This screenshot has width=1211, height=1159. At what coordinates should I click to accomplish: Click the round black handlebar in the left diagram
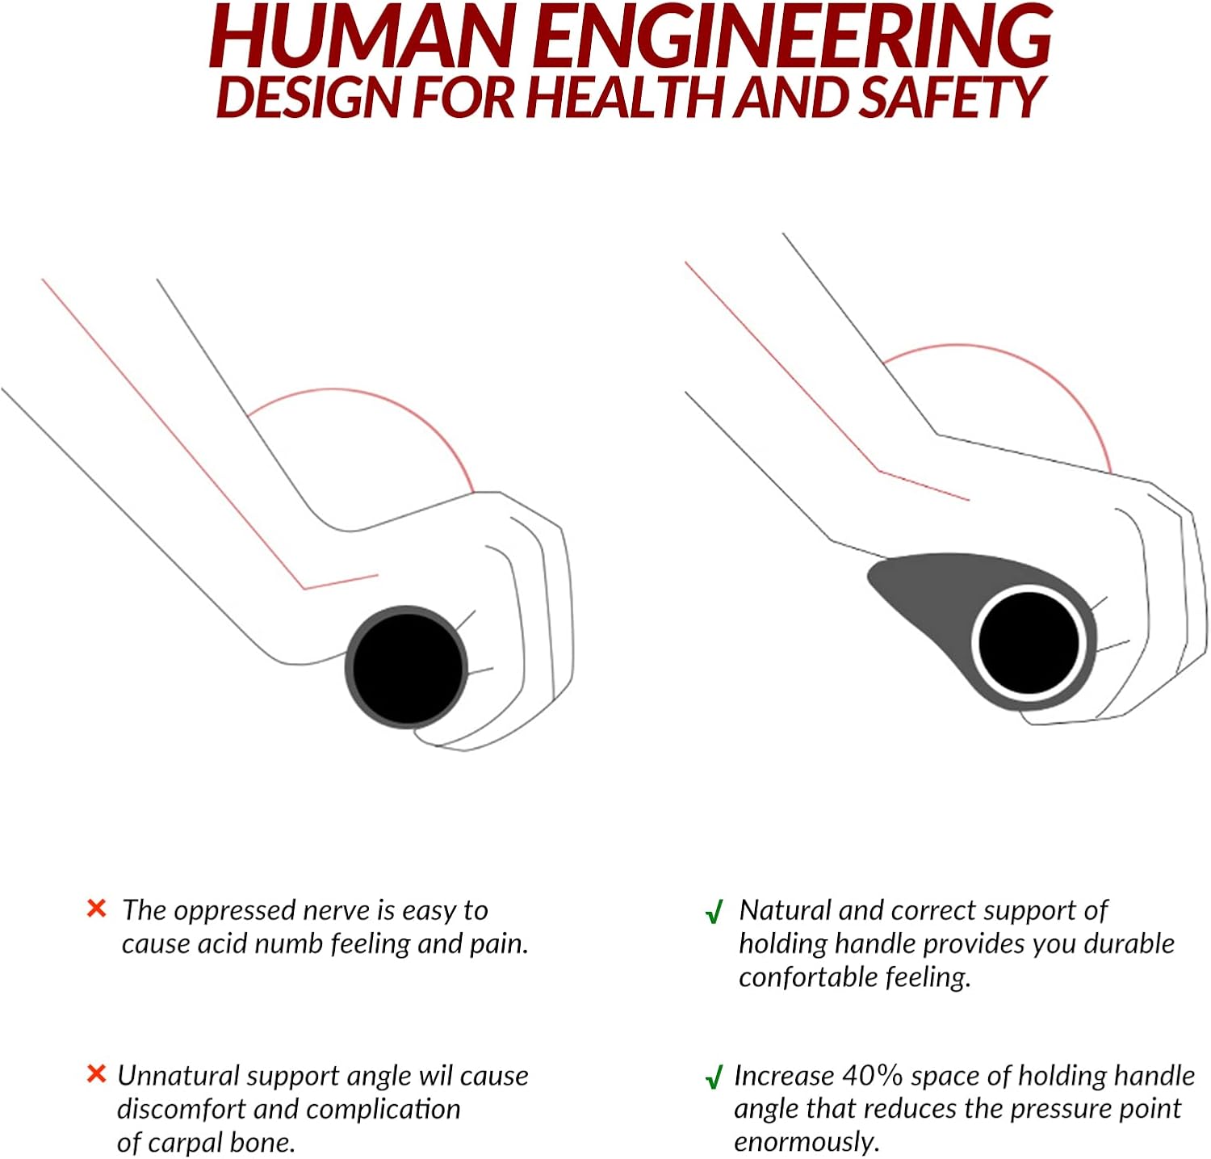406,667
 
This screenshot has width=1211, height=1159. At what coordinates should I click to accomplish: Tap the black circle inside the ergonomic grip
1029,643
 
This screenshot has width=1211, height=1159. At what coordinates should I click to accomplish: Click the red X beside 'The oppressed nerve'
96,909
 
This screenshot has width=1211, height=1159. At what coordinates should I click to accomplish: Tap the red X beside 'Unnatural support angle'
96,1074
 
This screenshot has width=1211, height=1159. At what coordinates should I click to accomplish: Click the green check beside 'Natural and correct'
714,913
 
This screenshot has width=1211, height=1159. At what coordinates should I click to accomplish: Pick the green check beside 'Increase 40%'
714,1077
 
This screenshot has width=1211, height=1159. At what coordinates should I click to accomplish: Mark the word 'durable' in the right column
1129,943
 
